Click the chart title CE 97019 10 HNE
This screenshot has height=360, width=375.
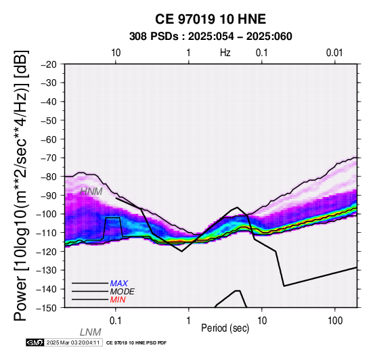click(211, 19)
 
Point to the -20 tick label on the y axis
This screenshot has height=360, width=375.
click(49, 64)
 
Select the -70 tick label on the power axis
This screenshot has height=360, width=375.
click(49, 158)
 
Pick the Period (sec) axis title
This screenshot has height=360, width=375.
click(225, 328)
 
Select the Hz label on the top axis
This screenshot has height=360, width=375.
click(225, 52)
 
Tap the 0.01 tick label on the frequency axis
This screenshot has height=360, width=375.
click(334, 53)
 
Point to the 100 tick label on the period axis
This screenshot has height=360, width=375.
click(335, 321)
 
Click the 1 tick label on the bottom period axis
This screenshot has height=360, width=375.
click(189, 321)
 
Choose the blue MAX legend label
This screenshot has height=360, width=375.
click(119, 284)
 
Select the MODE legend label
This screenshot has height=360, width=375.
click(123, 292)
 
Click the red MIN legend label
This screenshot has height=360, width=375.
click(118, 300)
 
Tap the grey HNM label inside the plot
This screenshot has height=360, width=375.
click(91, 192)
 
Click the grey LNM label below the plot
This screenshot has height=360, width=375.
click(91, 332)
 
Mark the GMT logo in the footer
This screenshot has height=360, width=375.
click(35, 342)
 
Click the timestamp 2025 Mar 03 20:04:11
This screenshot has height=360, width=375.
click(73, 342)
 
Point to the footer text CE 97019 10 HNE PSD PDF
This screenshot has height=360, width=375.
click(136, 343)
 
